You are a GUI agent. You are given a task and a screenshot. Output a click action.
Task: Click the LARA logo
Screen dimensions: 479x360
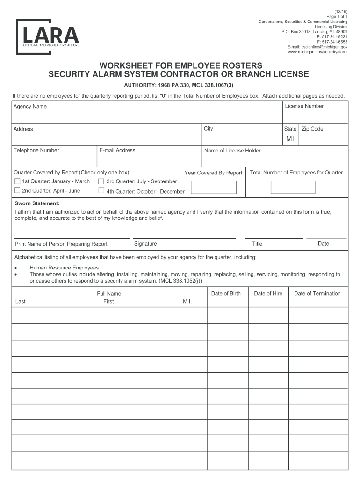48,36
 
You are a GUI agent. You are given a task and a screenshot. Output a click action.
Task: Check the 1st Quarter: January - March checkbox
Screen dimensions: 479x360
17,181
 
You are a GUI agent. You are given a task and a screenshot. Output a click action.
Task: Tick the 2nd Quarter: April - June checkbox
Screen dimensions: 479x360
17,190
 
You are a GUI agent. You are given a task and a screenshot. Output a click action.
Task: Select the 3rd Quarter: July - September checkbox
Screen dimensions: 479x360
101,181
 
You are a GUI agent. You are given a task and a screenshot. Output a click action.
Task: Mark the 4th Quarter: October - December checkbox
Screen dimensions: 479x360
101,191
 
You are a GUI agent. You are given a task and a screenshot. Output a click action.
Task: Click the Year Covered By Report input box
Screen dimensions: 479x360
214,188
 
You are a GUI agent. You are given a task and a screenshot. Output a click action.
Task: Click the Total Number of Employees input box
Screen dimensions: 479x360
293,187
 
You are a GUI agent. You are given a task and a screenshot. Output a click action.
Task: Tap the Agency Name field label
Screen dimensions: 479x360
30,107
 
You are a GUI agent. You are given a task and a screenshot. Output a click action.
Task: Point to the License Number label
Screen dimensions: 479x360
304,106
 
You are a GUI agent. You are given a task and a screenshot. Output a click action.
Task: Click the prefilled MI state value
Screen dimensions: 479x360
290,139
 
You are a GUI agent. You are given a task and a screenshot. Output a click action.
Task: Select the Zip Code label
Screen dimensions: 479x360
312,129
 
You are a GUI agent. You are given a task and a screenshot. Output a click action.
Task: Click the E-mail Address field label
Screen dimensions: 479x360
117,150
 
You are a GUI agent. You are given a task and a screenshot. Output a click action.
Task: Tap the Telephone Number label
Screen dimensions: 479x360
36,150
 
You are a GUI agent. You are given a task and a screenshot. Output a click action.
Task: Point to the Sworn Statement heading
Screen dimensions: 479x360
37,204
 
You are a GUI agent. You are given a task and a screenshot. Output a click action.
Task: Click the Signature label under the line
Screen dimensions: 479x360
145,244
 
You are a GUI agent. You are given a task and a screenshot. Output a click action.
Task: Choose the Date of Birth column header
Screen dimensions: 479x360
226,294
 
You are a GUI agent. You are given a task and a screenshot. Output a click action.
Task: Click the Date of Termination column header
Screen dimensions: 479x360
317,294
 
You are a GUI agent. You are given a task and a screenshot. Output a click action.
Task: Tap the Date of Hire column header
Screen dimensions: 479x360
268,294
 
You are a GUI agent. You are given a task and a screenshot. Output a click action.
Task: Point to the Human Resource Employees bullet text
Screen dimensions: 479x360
64,268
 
